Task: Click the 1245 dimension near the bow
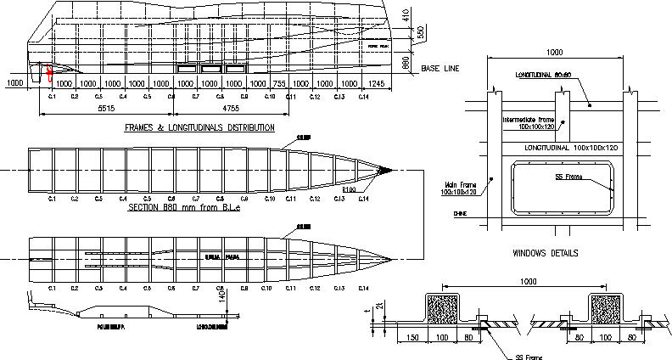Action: pyautogui.click(x=378, y=84)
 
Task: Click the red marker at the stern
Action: pyautogui.click(x=49, y=73)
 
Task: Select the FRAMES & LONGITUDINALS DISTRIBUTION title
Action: pyautogui.click(x=199, y=127)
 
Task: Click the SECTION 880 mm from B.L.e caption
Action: pyautogui.click(x=182, y=207)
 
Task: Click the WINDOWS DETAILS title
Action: pyautogui.click(x=546, y=253)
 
